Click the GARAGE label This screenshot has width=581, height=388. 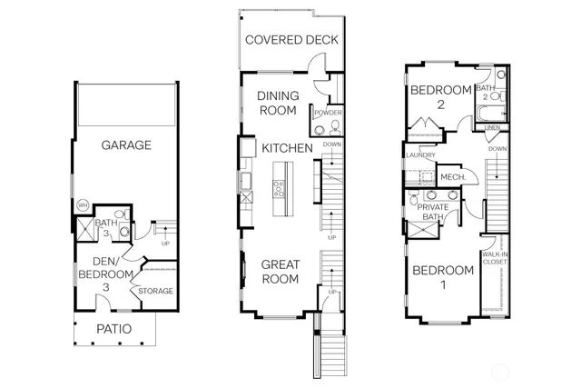pyautogui.click(x=126, y=144)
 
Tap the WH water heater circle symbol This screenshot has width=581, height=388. pyautogui.click(x=82, y=206)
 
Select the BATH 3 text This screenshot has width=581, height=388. pyautogui.click(x=106, y=227)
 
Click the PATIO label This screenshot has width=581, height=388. pyautogui.click(x=114, y=328)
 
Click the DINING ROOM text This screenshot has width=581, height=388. pyautogui.click(x=278, y=103)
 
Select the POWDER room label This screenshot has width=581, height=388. pyautogui.click(x=328, y=114)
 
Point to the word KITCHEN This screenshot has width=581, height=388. pyautogui.click(x=287, y=147)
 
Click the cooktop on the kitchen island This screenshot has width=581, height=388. pyautogui.click(x=280, y=189)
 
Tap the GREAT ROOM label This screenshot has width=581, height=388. pyautogui.click(x=281, y=272)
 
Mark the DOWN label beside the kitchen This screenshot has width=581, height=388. pyautogui.click(x=331, y=144)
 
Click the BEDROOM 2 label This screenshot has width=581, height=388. pyautogui.click(x=440, y=96)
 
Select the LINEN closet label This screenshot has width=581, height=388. pyautogui.click(x=492, y=128)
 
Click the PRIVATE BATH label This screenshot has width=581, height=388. pyautogui.click(x=433, y=212)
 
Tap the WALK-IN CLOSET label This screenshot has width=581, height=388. pyautogui.click(x=495, y=257)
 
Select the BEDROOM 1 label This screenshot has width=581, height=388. pyautogui.click(x=443, y=277)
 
